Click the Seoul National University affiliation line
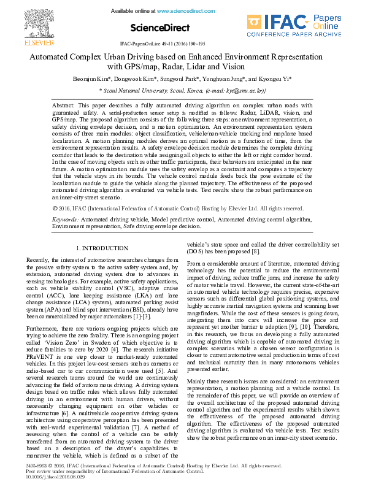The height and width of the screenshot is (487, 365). click(x=182, y=90)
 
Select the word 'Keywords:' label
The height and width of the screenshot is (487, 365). click(x=65, y=219)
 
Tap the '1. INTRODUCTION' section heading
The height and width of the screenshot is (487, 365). click(x=101, y=248)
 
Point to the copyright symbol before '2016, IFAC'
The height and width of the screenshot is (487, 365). click(x=55, y=208)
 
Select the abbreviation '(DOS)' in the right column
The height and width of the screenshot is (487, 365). click(x=196, y=251)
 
